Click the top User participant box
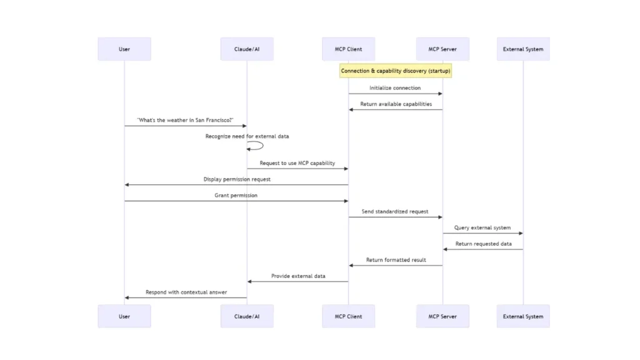124,49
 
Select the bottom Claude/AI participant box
247,316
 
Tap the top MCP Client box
348,49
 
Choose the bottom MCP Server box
442,316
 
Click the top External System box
523,49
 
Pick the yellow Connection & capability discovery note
396,71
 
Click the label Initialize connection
395,88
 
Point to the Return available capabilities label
396,104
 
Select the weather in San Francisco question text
185,120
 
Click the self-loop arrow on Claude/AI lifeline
257,146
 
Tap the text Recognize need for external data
247,136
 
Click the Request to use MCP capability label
297,163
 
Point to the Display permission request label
237,179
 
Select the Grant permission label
236,196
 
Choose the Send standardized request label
395,212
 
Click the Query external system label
482,228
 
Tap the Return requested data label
483,244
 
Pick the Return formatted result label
396,260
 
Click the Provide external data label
298,276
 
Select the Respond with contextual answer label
186,292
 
